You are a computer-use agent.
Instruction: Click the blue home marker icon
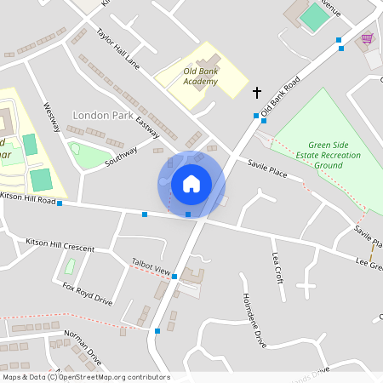(191, 183)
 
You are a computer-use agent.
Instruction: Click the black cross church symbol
(257, 91)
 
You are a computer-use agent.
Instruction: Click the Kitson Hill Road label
(28, 197)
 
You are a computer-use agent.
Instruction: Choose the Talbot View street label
(151, 269)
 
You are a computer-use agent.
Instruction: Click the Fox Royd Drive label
(88, 294)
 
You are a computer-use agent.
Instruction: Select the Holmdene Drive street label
(254, 320)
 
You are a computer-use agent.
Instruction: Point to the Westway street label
(52, 117)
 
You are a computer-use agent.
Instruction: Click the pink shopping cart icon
(367, 38)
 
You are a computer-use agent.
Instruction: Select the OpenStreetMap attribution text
(86, 377)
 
